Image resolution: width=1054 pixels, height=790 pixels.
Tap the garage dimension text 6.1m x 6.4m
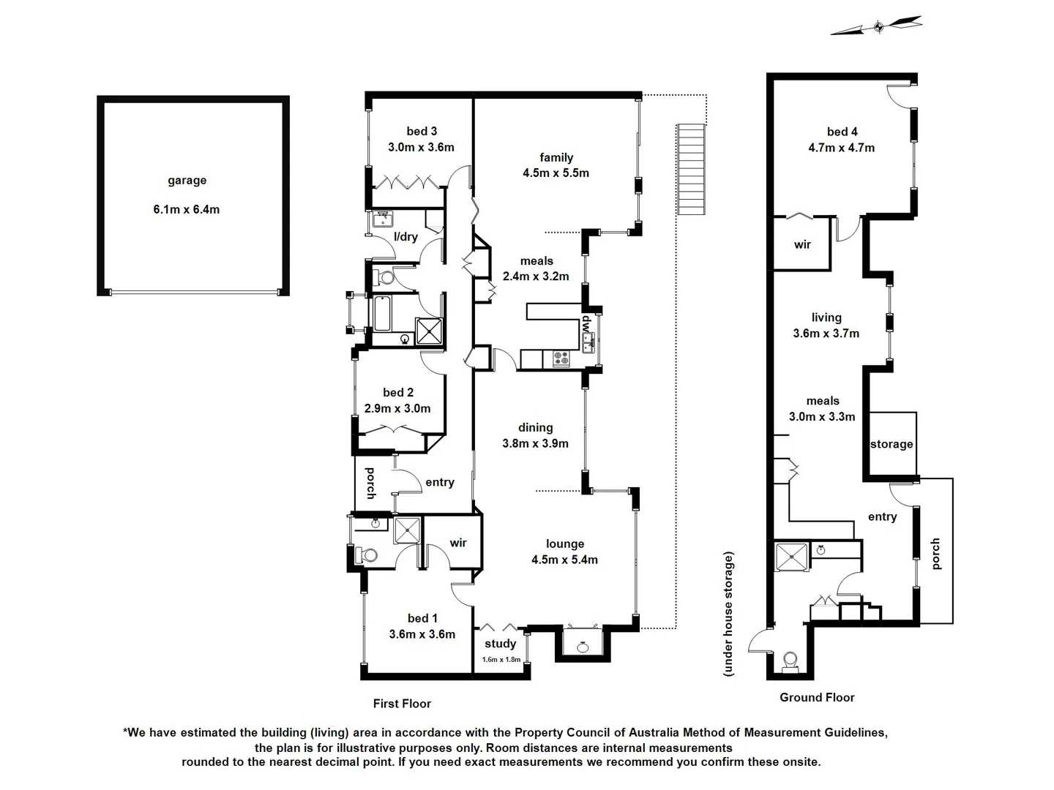point(187,210)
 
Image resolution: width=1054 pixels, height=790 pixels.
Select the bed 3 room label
point(422,132)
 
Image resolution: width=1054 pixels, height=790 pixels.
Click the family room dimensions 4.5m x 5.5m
point(556,173)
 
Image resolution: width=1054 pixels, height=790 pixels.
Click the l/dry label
point(405,237)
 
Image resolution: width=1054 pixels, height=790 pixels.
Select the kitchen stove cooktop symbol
point(561,358)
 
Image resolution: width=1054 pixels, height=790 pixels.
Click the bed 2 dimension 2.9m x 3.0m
point(397,409)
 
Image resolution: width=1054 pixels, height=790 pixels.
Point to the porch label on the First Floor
point(370,483)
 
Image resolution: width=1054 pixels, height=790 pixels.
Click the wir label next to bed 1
point(458,543)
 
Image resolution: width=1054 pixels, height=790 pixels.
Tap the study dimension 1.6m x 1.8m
point(501,660)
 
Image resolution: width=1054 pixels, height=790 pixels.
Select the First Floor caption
point(402,704)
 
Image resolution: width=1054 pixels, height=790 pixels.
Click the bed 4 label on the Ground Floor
point(842,132)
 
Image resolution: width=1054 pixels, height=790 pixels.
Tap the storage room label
point(892,444)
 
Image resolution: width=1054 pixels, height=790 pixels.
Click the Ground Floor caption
point(817,698)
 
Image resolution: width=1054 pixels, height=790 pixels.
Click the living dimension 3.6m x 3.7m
point(826,334)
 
